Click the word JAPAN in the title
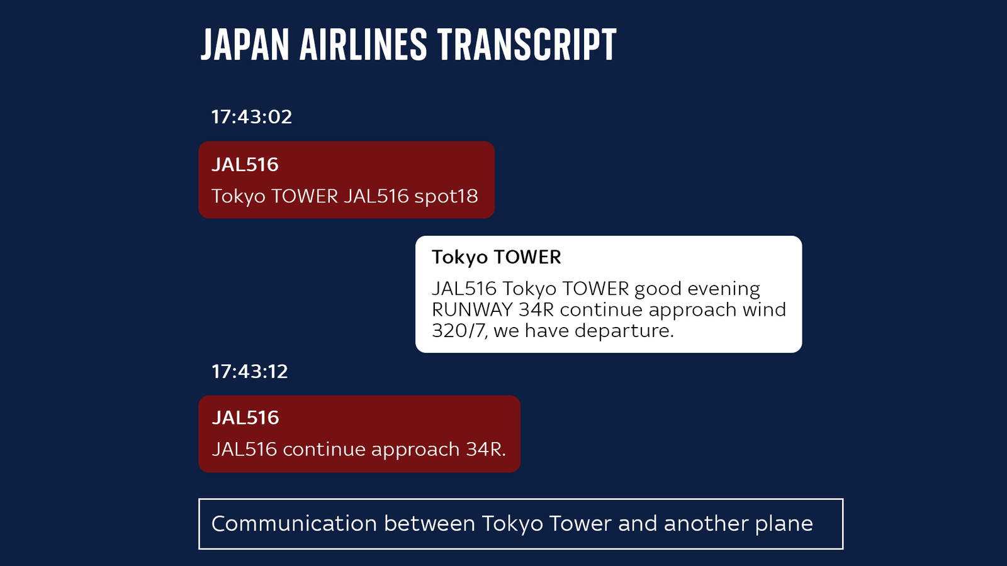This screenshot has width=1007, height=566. coord(245,45)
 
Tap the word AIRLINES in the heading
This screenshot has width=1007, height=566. coord(363,45)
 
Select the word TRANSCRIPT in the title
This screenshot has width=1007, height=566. coord(527,45)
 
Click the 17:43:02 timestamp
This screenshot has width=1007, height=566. coord(252,117)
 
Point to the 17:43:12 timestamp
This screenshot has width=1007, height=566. coord(250,372)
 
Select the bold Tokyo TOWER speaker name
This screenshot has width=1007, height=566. coord(496,257)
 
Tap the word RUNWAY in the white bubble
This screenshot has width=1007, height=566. coord(472,309)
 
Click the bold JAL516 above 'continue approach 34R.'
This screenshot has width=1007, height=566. coord(245,418)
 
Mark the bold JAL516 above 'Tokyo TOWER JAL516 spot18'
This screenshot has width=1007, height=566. coord(245,165)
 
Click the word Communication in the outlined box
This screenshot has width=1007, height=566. coord(294,524)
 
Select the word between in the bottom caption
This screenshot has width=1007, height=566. coord(429,524)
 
